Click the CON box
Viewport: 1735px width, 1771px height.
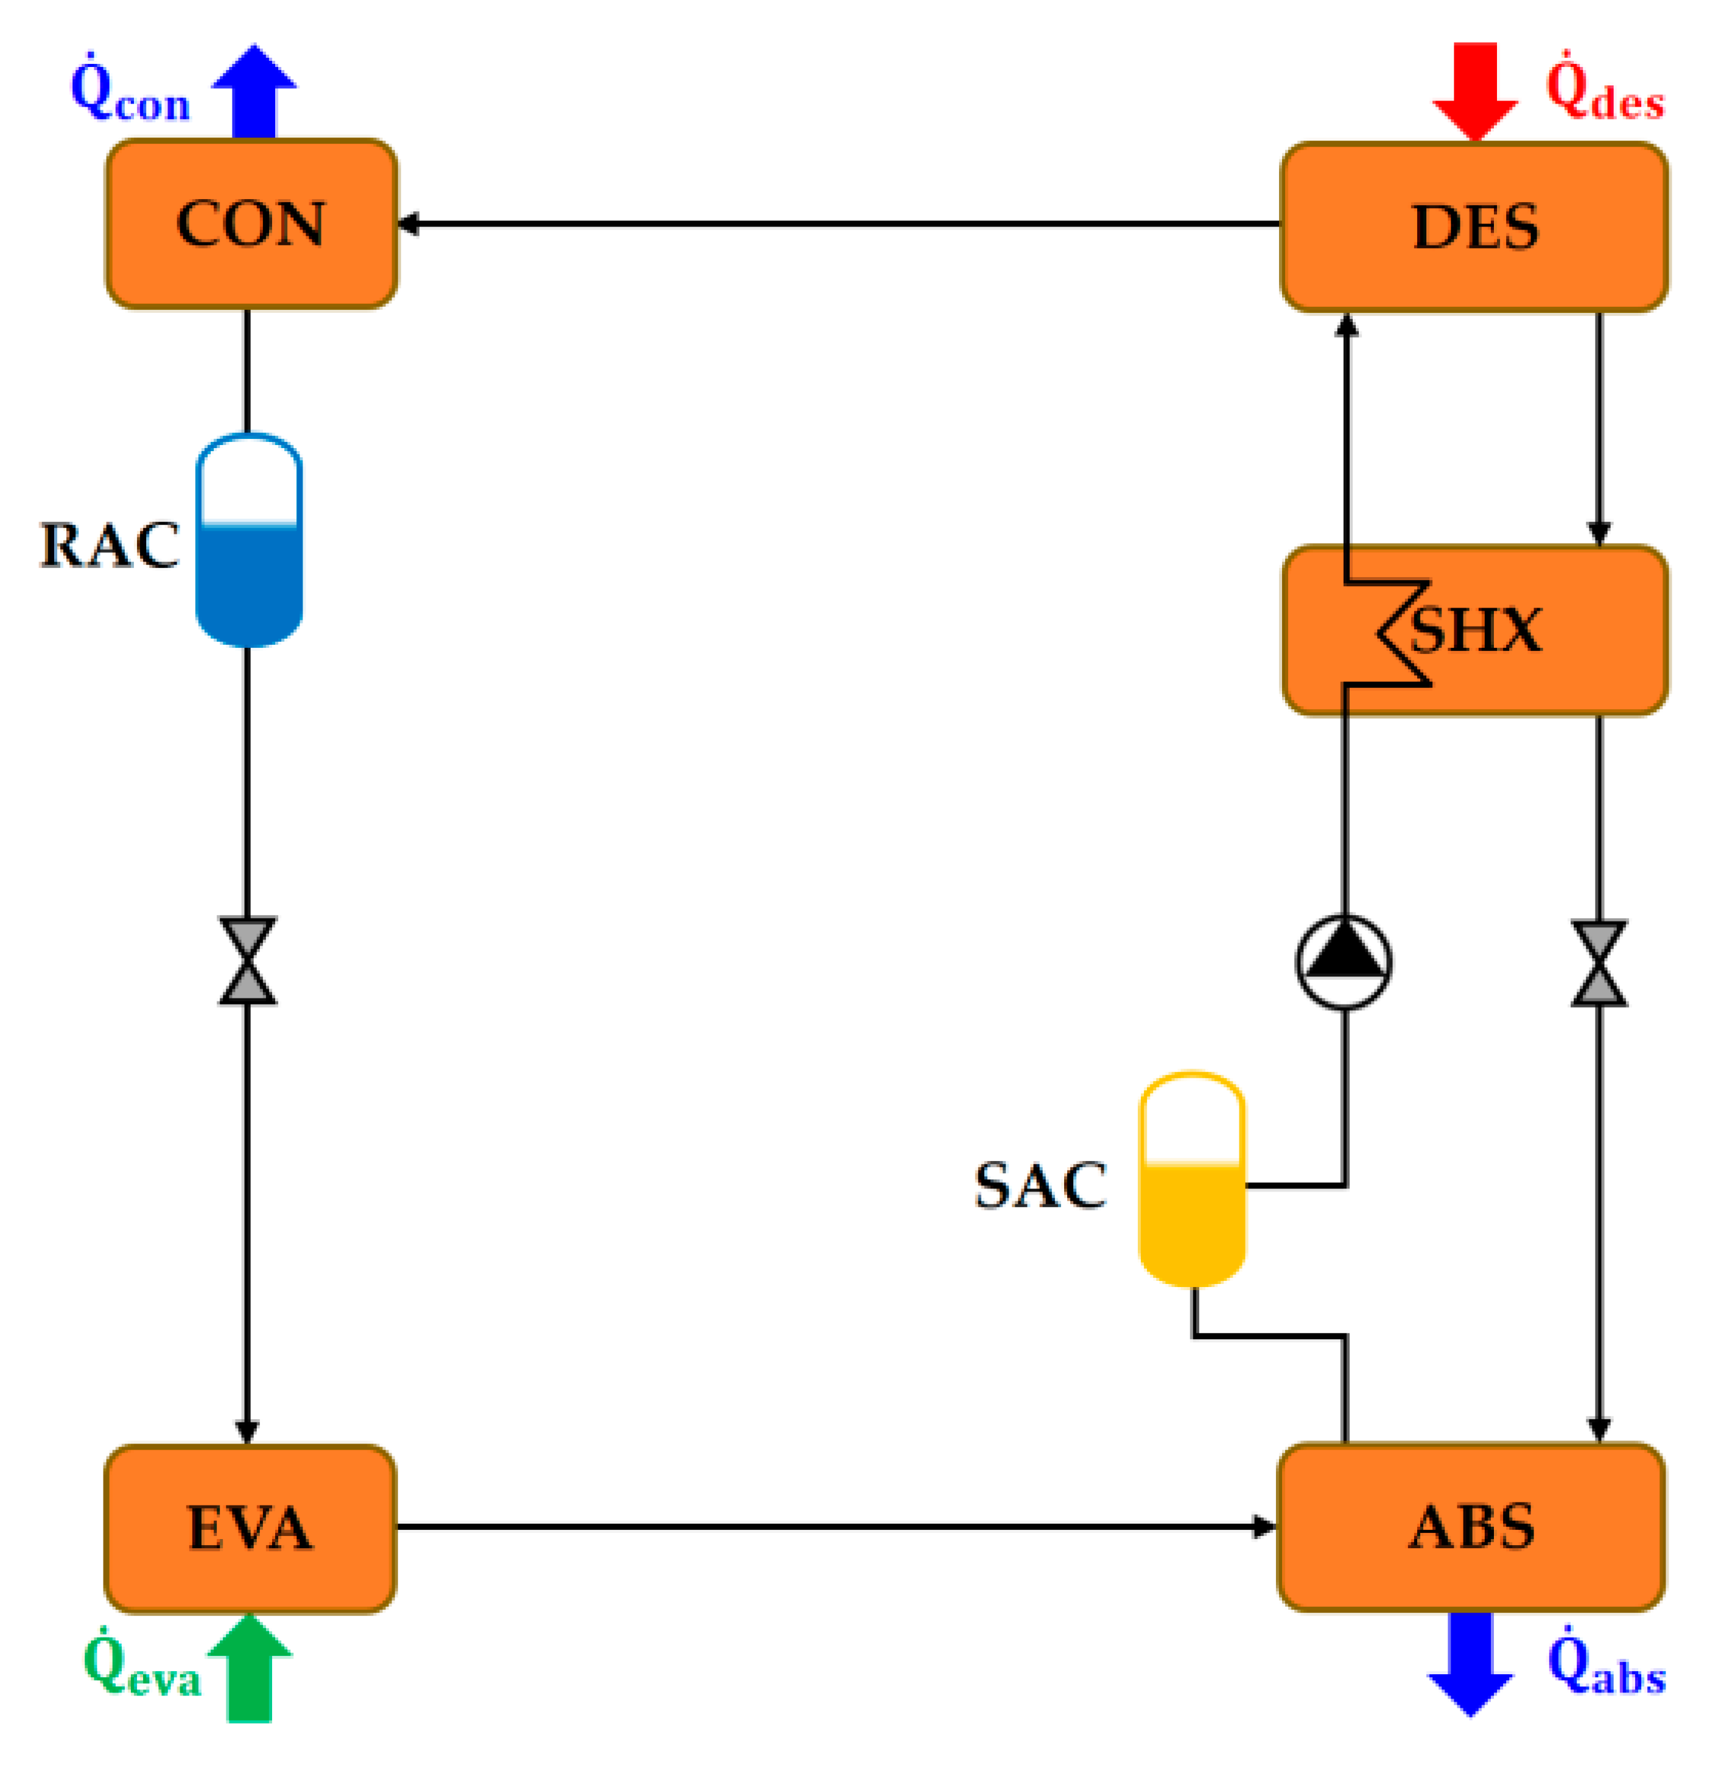(251, 224)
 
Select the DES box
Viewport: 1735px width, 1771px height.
(1473, 227)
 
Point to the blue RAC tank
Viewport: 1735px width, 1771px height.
(249, 541)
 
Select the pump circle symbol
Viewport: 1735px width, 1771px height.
(1343, 962)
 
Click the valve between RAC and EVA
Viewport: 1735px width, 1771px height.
(248, 962)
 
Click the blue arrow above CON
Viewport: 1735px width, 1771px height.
(254, 91)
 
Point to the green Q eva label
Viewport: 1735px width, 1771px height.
(141, 1668)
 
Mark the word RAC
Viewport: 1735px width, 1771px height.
(110, 546)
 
